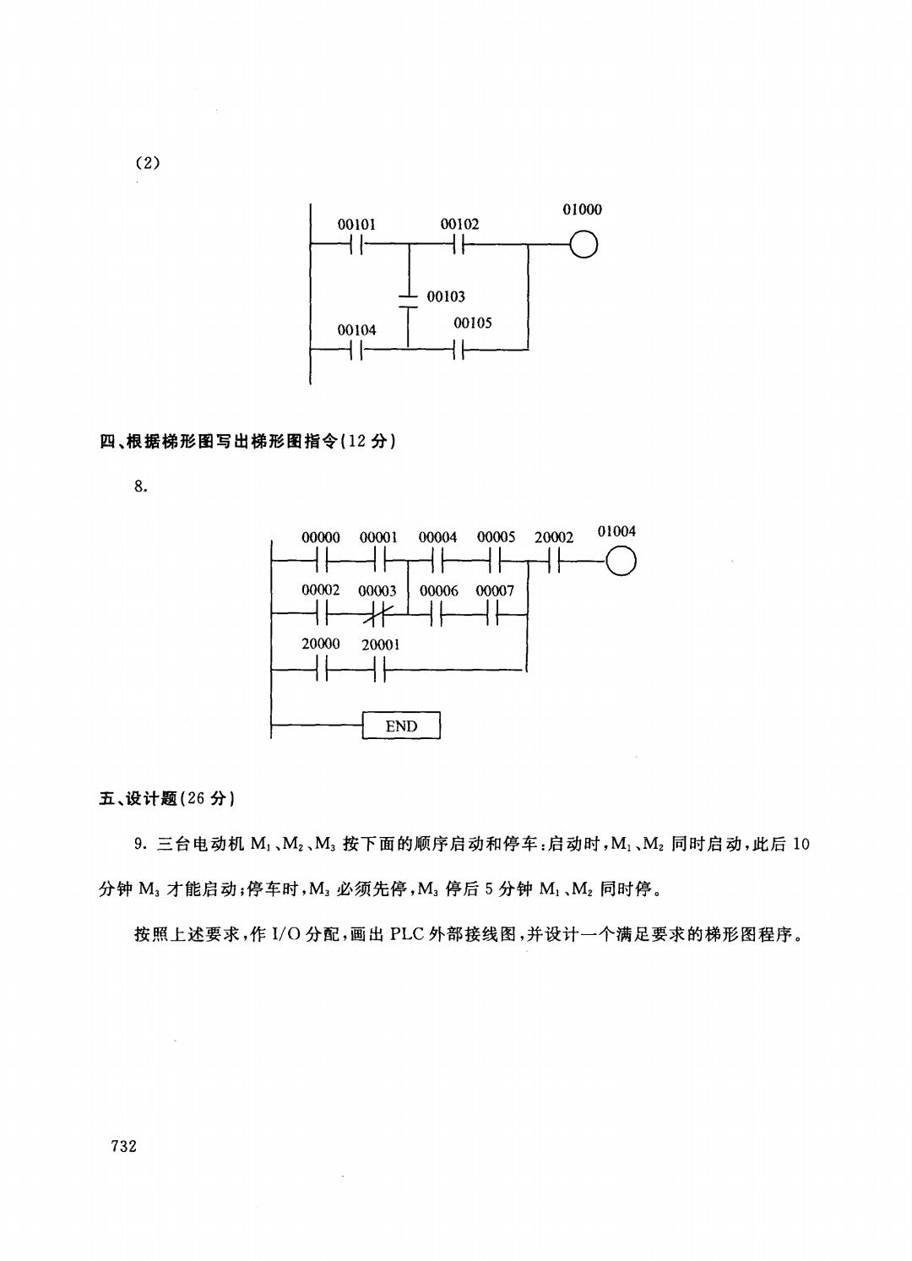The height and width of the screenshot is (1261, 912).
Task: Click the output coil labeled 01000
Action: tap(584, 245)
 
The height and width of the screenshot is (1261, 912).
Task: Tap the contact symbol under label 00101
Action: tap(356, 245)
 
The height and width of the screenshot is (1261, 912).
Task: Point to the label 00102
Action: tap(459, 224)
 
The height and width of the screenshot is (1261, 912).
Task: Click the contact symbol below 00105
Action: tap(459, 350)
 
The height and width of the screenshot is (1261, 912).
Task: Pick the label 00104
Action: tap(356, 330)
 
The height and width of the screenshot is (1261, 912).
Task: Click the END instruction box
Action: tap(401, 726)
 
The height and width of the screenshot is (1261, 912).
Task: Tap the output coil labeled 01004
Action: tap(621, 562)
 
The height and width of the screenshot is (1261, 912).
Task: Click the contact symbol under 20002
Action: tap(554, 562)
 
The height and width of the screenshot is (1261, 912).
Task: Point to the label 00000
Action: tap(320, 537)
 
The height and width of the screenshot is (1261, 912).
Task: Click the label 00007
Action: tap(495, 590)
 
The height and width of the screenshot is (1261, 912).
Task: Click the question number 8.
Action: tap(141, 486)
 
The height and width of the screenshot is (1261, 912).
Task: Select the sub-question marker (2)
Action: tap(148, 163)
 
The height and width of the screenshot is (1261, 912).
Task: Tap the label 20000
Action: tap(320, 644)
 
